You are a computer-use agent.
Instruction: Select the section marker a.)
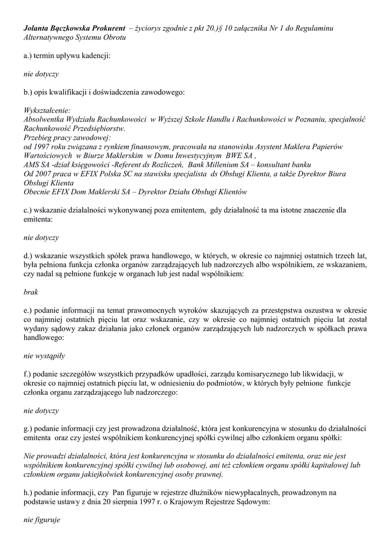(29, 56)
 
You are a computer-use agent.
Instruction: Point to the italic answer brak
(31, 292)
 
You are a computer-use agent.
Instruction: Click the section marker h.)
(29, 493)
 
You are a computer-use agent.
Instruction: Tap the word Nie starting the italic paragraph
(30, 456)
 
